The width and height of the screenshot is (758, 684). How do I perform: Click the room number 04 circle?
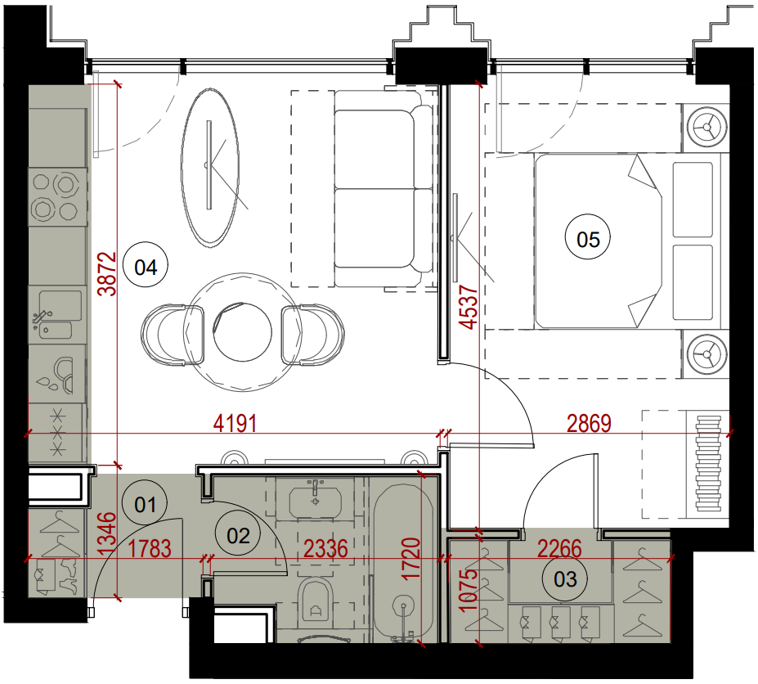(146, 267)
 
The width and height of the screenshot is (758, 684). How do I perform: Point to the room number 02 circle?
(238, 535)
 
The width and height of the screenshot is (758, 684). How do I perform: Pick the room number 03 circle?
(565, 579)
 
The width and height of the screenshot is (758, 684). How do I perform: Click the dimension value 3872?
(107, 274)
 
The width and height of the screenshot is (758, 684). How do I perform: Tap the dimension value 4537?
(468, 307)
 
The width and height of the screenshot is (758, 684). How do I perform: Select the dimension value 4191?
(235, 424)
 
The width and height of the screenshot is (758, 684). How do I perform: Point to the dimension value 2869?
(589, 424)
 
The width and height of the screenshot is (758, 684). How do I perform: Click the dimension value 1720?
(412, 559)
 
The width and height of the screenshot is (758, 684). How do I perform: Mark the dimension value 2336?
(325, 549)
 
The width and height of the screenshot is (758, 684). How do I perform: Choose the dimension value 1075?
(468, 590)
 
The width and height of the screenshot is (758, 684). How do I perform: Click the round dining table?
(242, 332)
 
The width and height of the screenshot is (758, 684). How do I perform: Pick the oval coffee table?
(210, 168)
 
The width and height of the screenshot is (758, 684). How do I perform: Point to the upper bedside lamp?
(706, 127)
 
